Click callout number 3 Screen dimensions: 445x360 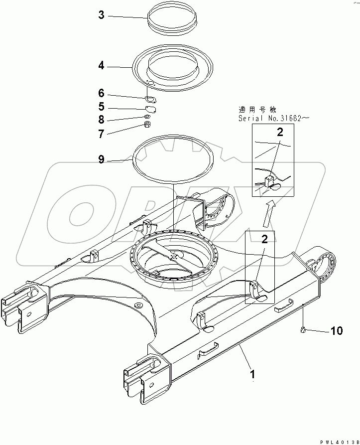pyautogui.click(x=101, y=16)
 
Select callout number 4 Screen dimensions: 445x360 pyautogui.click(x=101, y=65)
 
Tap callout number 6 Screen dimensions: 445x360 pyautogui.click(x=101, y=93)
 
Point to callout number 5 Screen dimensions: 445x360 pyautogui.click(x=101, y=106)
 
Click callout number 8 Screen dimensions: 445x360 pyautogui.click(x=101, y=120)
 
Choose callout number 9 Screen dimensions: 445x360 pyautogui.click(x=101, y=159)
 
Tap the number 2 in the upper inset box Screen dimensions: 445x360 pyautogui.click(x=279, y=132)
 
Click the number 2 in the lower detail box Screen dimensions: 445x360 pyautogui.click(x=264, y=239)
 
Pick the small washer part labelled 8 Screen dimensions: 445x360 pyautogui.click(x=148, y=117)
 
